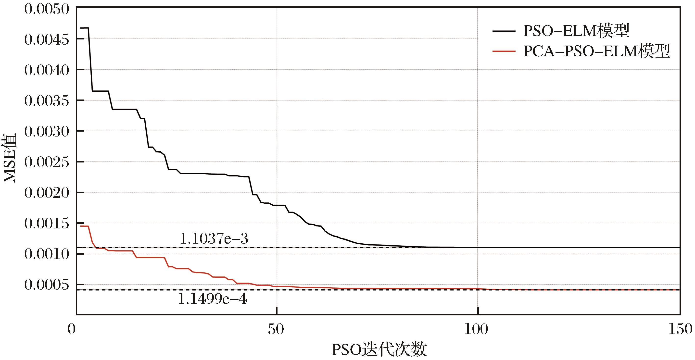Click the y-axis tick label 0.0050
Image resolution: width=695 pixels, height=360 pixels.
pyautogui.click(x=47, y=10)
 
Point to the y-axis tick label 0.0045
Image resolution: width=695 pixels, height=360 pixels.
pyautogui.click(x=47, y=40)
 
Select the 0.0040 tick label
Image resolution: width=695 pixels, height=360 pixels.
pyautogui.click(x=47, y=71)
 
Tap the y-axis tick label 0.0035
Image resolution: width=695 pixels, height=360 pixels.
pyautogui.click(x=47, y=101)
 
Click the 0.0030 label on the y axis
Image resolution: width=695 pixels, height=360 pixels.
pyautogui.click(x=47, y=132)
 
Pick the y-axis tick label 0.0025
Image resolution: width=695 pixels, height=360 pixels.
pyautogui.click(x=47, y=163)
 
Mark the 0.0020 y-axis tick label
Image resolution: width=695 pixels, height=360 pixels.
pyautogui.click(x=47, y=193)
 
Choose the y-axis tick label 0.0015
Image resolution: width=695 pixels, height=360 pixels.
pyautogui.click(x=47, y=224)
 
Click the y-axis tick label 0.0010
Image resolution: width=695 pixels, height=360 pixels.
pyautogui.click(x=47, y=255)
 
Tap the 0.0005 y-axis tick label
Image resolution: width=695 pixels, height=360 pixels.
pyautogui.click(x=47, y=285)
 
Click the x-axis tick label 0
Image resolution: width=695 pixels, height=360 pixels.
pyautogui.click(x=72, y=330)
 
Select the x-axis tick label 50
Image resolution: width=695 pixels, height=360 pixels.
pyautogui.click(x=276, y=330)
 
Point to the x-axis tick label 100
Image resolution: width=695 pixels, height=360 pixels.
pyautogui.click(x=477, y=330)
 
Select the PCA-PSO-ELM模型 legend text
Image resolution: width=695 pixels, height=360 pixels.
pyautogui.click(x=596, y=52)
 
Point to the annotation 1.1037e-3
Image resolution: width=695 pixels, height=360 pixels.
pyautogui.click(x=214, y=239)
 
